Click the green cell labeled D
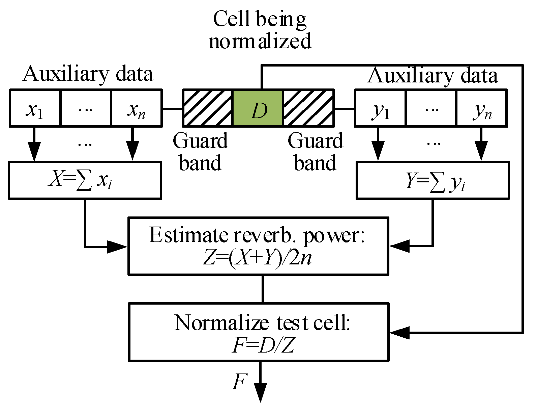pos(258,108)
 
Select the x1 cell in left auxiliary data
pos(35,108)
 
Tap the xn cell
pos(137,108)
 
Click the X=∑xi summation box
pos(85,180)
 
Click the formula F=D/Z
pos(263,346)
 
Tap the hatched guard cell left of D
pos(208,108)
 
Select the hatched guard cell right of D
pos(308,108)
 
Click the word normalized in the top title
pos(260,41)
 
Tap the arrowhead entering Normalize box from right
pos(399,333)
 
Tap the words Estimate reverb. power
pos(257,235)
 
